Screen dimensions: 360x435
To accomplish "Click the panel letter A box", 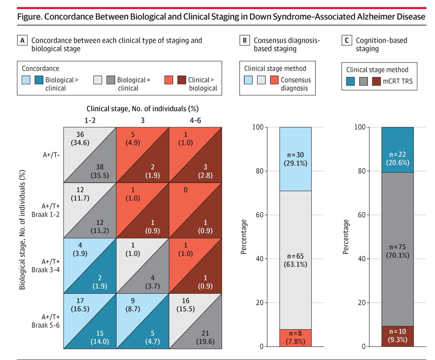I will tap(22, 41).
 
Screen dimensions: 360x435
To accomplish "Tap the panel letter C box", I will tap(346, 41).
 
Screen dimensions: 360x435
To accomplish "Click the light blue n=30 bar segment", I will tap(295, 159).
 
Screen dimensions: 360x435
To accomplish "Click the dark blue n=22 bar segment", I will tap(397, 150).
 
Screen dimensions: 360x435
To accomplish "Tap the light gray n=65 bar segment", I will tap(295, 260).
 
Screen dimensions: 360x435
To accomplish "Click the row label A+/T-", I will tap(50, 155).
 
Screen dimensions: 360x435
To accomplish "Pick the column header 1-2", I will tap(89, 120).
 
